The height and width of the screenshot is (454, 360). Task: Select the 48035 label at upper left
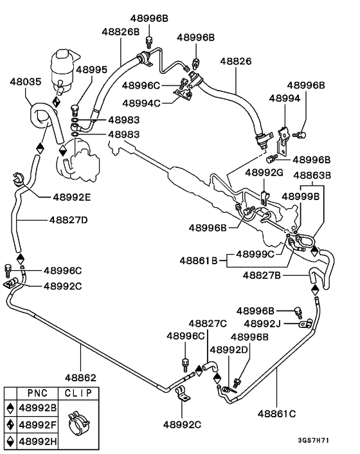26,82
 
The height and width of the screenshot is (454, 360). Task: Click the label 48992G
264,172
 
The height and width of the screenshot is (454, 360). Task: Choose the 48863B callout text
312,175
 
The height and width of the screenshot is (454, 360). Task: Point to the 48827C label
208,323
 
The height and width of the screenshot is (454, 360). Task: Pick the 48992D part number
230,350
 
